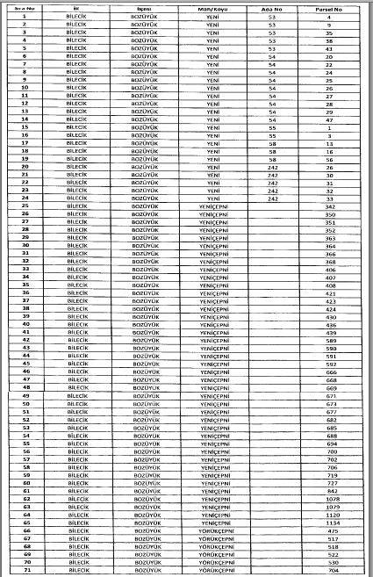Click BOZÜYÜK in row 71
(x=144, y=568)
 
